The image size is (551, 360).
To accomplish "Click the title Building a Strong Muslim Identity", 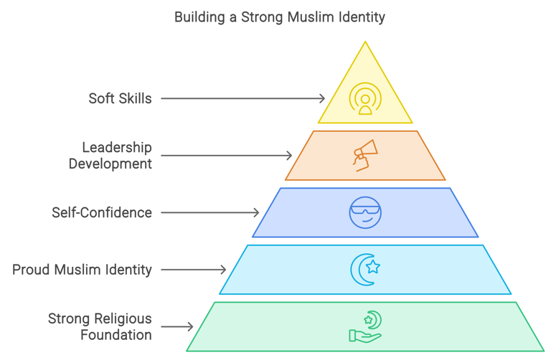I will (279, 16).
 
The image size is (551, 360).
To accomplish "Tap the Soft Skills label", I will (120, 98).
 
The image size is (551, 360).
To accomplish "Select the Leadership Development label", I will (110, 156).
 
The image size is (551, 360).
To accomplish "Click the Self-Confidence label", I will (102, 212).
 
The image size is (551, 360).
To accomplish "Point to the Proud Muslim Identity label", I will (82, 270).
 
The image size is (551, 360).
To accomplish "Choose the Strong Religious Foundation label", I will (100, 326).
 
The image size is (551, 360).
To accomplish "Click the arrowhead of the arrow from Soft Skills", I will (322, 98).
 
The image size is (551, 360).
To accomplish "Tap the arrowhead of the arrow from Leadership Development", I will (289, 156).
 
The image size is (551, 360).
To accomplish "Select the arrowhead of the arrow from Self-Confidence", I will (256, 212).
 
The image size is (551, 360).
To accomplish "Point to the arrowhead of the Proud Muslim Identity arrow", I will (223, 270).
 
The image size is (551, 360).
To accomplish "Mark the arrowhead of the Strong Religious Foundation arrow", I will (190, 326).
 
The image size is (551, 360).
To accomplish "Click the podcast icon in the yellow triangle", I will (365, 99).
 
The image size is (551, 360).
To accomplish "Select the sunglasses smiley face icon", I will (365, 212).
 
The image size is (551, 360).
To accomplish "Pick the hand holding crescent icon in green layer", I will (365, 327).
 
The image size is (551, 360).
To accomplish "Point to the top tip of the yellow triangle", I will (365, 42).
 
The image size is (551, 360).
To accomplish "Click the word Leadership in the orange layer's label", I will (117, 148).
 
